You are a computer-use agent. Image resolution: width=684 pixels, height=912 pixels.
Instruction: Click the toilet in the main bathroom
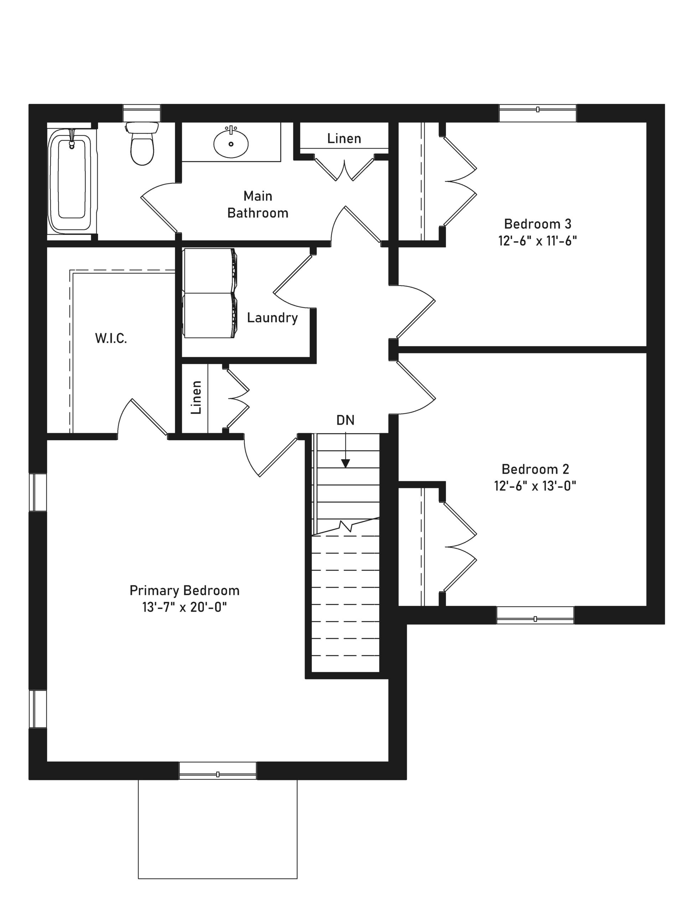pyautogui.click(x=141, y=143)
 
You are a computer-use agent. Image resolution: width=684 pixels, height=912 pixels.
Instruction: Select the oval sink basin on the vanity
pyautogui.click(x=231, y=142)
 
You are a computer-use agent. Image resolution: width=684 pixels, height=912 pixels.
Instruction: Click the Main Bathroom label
pyautogui.click(x=258, y=204)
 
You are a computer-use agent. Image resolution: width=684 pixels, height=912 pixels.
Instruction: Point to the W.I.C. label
pyautogui.click(x=111, y=338)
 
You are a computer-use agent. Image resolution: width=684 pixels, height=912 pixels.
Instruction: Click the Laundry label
pyautogui.click(x=272, y=318)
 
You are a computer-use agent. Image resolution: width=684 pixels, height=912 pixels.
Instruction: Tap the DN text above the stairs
pyautogui.click(x=345, y=420)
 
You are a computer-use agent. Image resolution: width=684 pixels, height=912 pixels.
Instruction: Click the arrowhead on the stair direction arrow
pyautogui.click(x=346, y=463)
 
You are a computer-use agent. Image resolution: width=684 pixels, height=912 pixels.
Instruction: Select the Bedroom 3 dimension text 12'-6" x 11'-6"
pyautogui.click(x=537, y=241)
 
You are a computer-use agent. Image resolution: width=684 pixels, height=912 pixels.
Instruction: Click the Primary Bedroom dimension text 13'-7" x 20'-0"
pyautogui.click(x=184, y=607)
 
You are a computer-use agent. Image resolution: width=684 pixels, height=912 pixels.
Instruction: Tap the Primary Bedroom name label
pyautogui.click(x=184, y=590)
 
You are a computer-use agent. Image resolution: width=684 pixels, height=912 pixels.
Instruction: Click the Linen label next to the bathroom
pyautogui.click(x=344, y=139)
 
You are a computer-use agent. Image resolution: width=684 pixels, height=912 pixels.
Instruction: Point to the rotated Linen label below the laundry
pyautogui.click(x=196, y=398)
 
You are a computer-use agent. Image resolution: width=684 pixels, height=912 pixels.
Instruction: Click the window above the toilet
pyautogui.click(x=141, y=113)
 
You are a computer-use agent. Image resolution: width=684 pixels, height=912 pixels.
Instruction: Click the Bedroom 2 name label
pyautogui.click(x=535, y=469)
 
